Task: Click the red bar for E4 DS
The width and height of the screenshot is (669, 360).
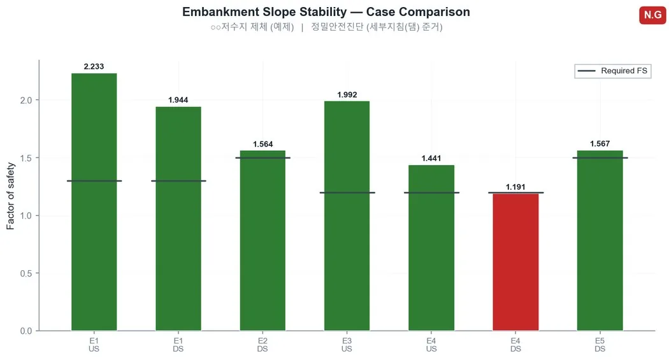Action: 515,262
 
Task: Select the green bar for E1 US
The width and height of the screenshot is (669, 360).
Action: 94,202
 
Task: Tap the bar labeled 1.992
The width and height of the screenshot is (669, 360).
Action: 347,216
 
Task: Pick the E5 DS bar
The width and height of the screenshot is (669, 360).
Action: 600,241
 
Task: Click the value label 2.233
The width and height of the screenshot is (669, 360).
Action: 94,66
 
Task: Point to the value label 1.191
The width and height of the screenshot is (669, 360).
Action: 515,187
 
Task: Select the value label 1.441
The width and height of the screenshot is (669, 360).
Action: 431,158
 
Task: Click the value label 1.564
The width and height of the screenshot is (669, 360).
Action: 263,144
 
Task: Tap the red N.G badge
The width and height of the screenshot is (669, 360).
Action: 652,15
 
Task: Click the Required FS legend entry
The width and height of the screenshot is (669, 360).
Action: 613,71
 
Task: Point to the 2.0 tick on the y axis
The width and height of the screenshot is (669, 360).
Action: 26,100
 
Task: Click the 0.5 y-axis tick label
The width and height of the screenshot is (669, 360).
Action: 26,273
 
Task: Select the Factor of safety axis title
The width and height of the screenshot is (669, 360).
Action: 11,196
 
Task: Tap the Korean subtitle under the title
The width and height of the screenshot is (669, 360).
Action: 326,27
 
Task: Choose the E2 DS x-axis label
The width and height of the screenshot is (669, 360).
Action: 263,345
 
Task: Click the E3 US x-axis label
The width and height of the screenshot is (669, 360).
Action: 347,345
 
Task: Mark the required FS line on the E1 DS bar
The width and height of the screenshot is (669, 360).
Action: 178,181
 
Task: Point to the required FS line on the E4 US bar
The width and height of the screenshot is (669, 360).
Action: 431,193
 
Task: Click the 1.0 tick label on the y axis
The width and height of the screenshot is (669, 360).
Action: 26,216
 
